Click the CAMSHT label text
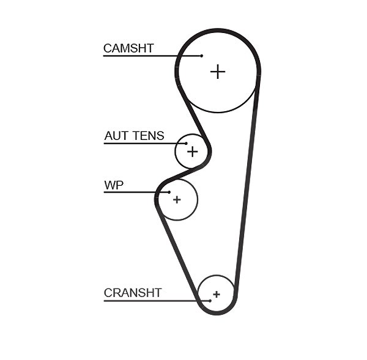(x=128, y=48)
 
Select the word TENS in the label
(x=149, y=136)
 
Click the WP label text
(x=114, y=185)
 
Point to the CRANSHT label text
(x=133, y=293)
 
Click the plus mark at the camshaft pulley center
(x=218, y=72)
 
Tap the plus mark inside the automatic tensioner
(x=193, y=152)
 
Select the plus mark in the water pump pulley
(x=177, y=200)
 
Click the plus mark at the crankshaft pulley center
(x=217, y=294)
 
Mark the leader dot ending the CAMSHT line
(x=202, y=56)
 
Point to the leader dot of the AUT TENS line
(x=187, y=144)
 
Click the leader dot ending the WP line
(x=169, y=193)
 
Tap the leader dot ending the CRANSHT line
(x=210, y=301)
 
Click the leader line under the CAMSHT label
(x=152, y=56)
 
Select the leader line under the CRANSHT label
(x=157, y=301)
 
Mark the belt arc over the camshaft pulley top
(x=218, y=31)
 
